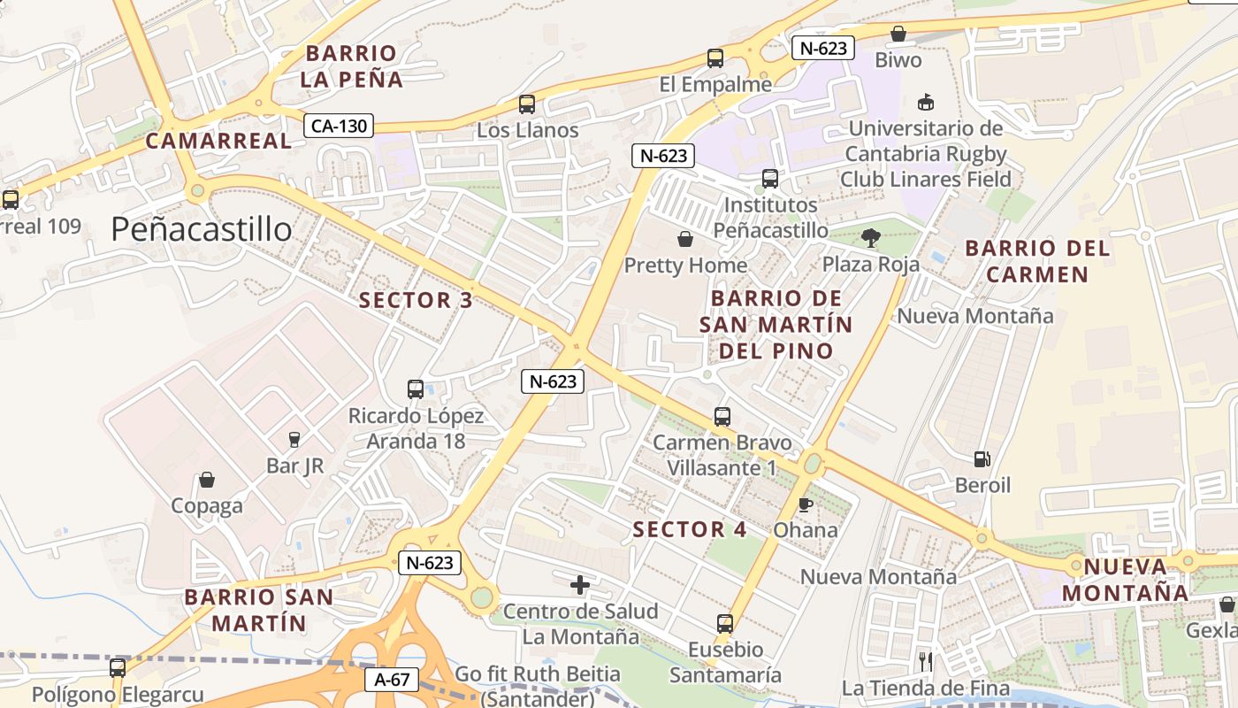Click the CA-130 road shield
pyautogui.click(x=340, y=126)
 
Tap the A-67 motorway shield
pyautogui.click(x=392, y=680)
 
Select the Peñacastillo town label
pyautogui.click(x=202, y=229)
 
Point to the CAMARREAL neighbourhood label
pyautogui.click(x=218, y=141)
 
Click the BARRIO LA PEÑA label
pyautogui.click(x=351, y=66)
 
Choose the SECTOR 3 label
pyautogui.click(x=416, y=300)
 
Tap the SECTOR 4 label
pyautogui.click(x=690, y=530)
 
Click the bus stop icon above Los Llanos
pyautogui.click(x=527, y=104)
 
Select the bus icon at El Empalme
pyautogui.click(x=715, y=59)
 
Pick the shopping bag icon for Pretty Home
pyautogui.click(x=685, y=239)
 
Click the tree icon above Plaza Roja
pyautogui.click(x=871, y=237)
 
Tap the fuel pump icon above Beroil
pyautogui.click(x=982, y=459)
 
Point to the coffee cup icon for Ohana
pyautogui.click(x=805, y=504)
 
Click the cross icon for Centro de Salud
pyautogui.click(x=580, y=585)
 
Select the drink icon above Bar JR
pyautogui.click(x=294, y=439)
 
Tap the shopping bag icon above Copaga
pyautogui.click(x=206, y=480)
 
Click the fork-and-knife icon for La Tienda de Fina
pyautogui.click(x=925, y=660)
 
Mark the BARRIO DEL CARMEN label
pyautogui.click(x=1037, y=261)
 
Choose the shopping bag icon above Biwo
pyautogui.click(x=898, y=34)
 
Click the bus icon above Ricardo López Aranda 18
pyautogui.click(x=416, y=389)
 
